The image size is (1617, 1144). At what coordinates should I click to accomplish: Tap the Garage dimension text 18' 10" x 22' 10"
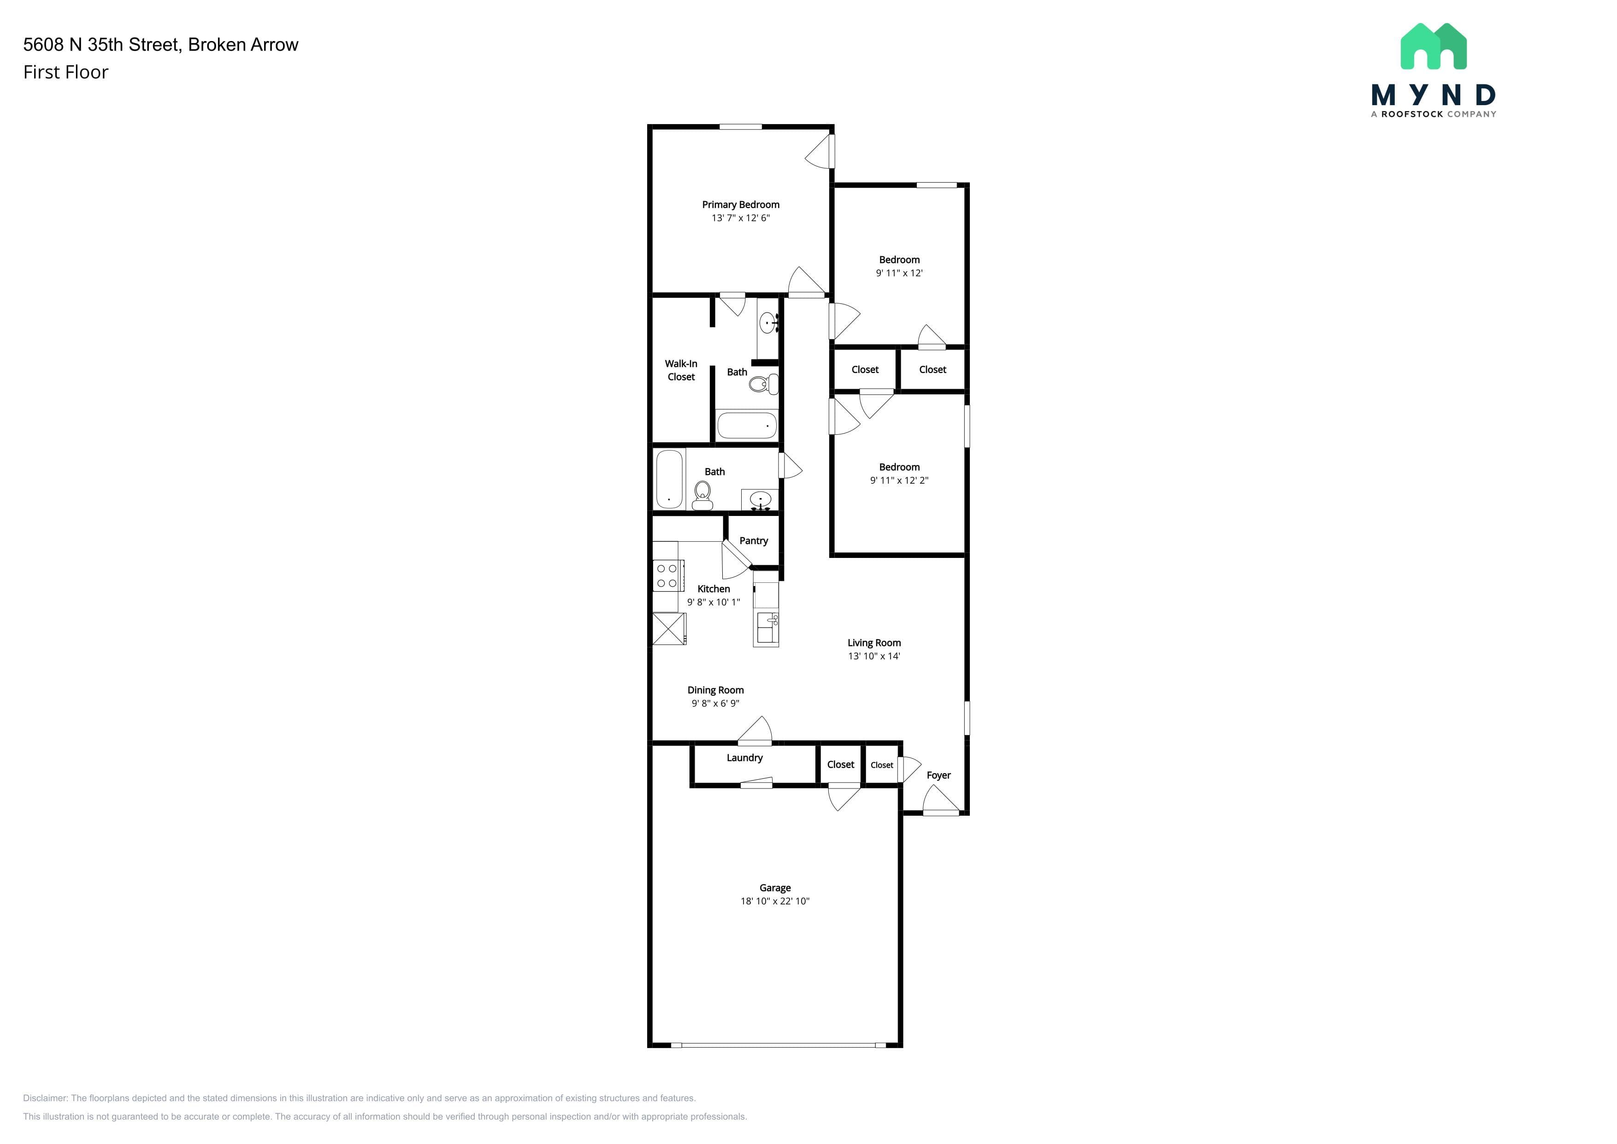pos(775,901)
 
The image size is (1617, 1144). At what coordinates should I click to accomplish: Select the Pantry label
pos(754,541)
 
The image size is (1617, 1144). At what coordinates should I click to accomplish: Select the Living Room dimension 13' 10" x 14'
pos(874,656)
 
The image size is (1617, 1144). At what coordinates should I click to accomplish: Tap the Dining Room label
pos(715,690)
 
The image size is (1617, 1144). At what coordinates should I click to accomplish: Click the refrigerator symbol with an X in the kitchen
pos(669,629)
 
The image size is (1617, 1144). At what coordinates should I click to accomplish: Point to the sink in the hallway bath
pos(760,500)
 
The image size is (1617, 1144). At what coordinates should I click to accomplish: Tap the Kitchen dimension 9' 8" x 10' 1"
pos(714,602)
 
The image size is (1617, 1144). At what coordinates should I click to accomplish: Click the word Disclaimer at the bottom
pos(45,1098)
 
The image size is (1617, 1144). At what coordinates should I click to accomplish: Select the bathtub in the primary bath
pos(747,426)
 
